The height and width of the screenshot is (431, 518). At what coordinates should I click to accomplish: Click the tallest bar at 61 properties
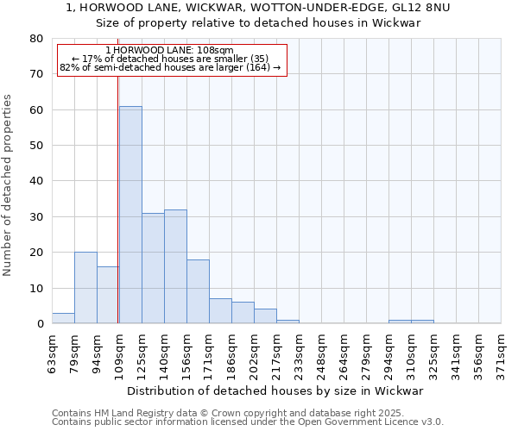130,215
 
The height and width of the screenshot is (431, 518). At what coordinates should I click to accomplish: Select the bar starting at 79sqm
85,288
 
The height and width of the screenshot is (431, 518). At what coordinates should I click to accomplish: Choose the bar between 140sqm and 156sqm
175,266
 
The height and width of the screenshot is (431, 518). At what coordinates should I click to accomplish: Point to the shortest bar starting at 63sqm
63,318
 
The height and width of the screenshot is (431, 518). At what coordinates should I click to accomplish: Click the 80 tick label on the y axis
35,39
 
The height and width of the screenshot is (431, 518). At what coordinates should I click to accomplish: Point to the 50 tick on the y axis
35,146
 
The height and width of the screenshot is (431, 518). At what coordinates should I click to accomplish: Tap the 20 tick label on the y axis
35,253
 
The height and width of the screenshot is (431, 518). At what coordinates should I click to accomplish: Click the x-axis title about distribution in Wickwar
281,390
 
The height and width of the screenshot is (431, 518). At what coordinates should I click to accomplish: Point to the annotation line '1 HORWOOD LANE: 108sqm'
169,50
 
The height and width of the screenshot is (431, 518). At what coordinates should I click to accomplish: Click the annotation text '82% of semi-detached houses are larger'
170,67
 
